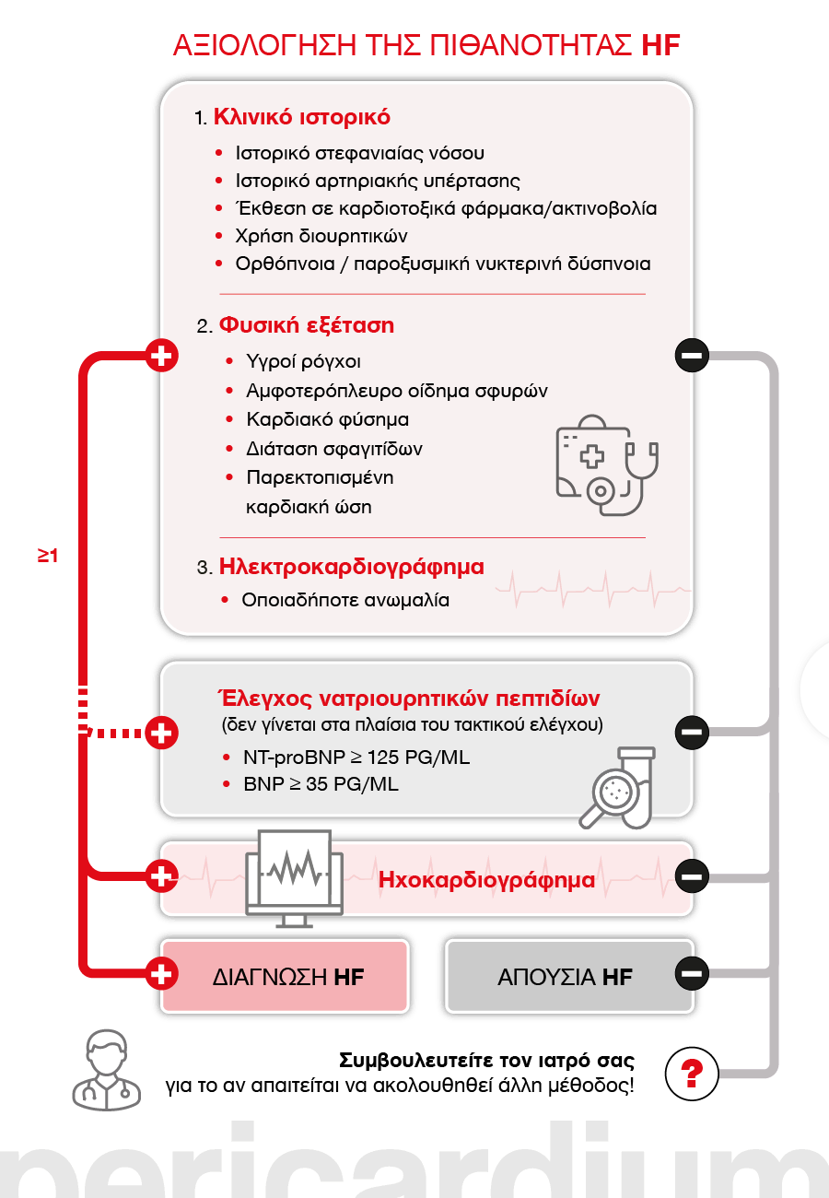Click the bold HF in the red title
(660, 45)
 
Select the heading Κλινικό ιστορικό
(302, 117)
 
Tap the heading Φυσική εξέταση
(307, 325)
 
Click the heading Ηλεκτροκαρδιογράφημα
(352, 567)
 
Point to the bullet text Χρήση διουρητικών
(321, 236)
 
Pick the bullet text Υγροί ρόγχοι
(304, 362)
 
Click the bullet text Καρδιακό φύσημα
(328, 419)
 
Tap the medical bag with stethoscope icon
(607, 464)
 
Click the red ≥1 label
(48, 556)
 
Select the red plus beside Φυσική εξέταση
(162, 356)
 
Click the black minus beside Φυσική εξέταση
(692, 356)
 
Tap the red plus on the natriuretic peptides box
(162, 733)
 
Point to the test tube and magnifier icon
(618, 788)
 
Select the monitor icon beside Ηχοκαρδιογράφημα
(294, 879)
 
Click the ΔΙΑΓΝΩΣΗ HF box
(285, 977)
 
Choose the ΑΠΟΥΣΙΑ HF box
(569, 977)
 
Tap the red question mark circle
(692, 1074)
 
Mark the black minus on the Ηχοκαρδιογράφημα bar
(692, 876)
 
